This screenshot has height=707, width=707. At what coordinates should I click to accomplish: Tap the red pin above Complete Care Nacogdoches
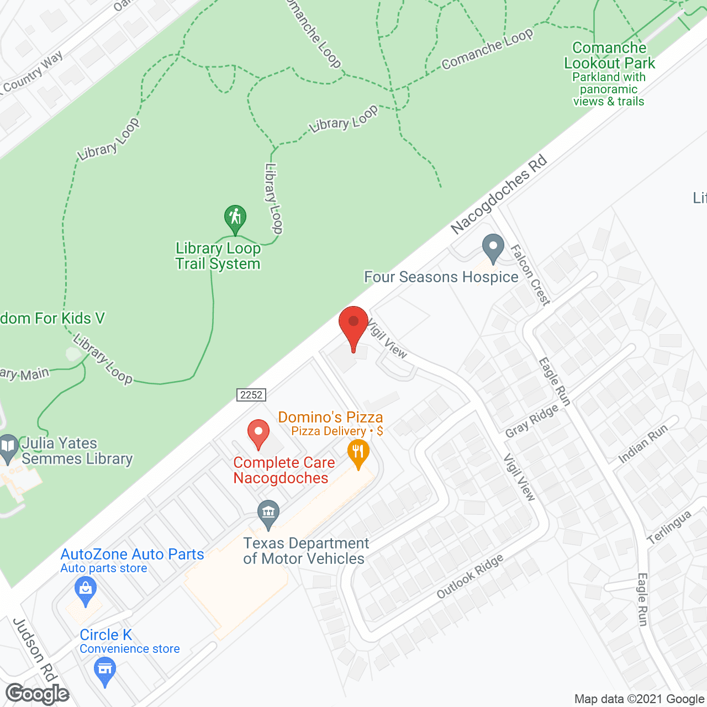coord(258,434)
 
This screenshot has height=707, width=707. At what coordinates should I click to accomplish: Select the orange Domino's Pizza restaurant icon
coord(358,453)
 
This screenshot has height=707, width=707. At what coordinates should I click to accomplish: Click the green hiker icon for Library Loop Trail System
coord(235,218)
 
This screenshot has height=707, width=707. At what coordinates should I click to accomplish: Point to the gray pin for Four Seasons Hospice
coord(493,248)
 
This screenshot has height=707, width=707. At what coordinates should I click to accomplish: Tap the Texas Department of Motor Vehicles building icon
coord(268,514)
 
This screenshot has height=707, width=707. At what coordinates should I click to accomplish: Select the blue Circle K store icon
coord(104,670)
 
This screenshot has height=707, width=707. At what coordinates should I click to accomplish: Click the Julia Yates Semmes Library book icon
coord(8,448)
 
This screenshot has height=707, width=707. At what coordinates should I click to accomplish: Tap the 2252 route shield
coord(251,395)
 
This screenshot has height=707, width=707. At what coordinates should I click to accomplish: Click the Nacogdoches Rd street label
coord(498,194)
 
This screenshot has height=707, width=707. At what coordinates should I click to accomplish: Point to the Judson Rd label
coord(34,650)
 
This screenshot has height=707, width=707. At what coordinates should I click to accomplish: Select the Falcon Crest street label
coord(530,275)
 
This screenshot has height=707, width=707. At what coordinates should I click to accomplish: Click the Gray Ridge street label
coord(532,421)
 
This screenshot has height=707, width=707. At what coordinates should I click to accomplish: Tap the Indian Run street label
coord(643,443)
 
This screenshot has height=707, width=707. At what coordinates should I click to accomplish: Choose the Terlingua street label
coord(669,527)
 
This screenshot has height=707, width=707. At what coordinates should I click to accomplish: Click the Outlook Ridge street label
coord(470,576)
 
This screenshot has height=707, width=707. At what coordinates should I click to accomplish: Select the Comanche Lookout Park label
coord(609,56)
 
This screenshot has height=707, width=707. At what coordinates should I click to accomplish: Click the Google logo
coord(38,694)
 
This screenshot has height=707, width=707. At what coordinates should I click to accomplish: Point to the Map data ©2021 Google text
coord(640,699)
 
